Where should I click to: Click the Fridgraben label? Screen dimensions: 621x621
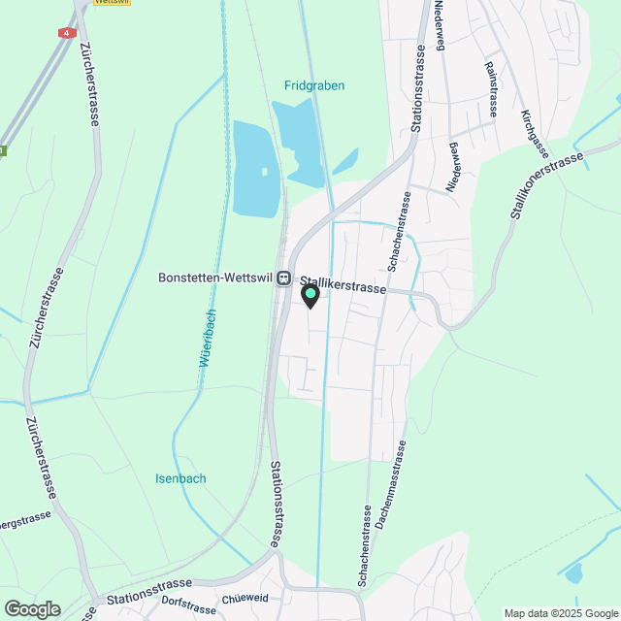tap(314, 85)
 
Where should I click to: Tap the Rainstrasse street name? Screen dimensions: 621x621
tap(491, 89)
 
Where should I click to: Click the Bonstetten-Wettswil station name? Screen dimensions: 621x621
tap(215, 278)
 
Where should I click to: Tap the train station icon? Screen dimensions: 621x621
tap(283, 278)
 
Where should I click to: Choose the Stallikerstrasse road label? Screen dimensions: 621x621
tap(343, 286)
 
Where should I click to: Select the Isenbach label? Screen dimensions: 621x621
tap(180, 478)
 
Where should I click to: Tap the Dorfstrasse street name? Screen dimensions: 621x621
tap(184, 609)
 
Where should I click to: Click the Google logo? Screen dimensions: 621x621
tap(31, 608)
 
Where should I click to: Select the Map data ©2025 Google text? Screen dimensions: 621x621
tap(560, 613)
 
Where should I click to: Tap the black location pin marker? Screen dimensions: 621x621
tap(310, 296)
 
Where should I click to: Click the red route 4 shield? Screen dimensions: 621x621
tap(66, 33)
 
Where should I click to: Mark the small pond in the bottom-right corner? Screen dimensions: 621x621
tap(573, 573)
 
